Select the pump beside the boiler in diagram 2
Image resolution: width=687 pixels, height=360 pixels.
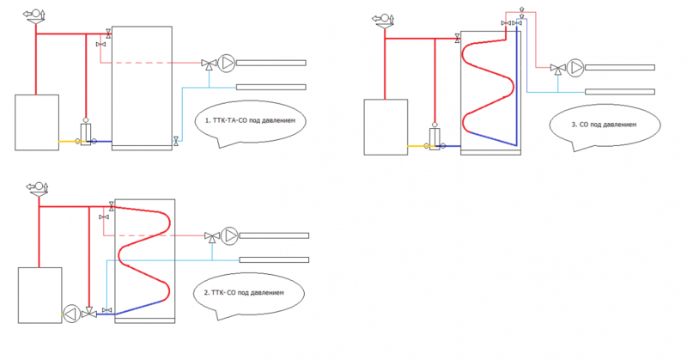click(70, 312)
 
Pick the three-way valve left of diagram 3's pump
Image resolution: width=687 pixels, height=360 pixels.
click(557, 69)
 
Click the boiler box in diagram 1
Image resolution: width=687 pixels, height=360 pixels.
click(37, 122)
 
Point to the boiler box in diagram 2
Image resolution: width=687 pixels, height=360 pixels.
click(40, 295)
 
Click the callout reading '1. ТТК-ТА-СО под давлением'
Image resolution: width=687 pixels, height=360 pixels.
click(249, 123)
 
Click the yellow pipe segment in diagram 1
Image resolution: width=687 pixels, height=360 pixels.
click(69, 141)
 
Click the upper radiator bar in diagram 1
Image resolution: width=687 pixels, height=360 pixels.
click(271, 63)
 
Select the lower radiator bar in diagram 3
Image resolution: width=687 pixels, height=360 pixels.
click(619, 91)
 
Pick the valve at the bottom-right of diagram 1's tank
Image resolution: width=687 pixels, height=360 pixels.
click(176, 140)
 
